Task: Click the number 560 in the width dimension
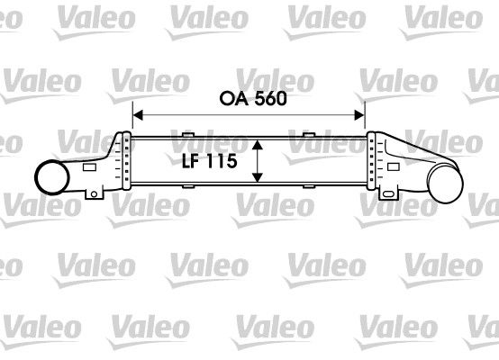(270, 99)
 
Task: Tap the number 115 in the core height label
(222, 161)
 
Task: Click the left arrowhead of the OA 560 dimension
(138, 115)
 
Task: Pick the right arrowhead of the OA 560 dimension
(359, 115)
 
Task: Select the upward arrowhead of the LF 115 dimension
(257, 145)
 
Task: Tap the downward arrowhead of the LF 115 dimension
(257, 177)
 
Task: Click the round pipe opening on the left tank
(52, 177)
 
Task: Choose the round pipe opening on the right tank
(445, 184)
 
